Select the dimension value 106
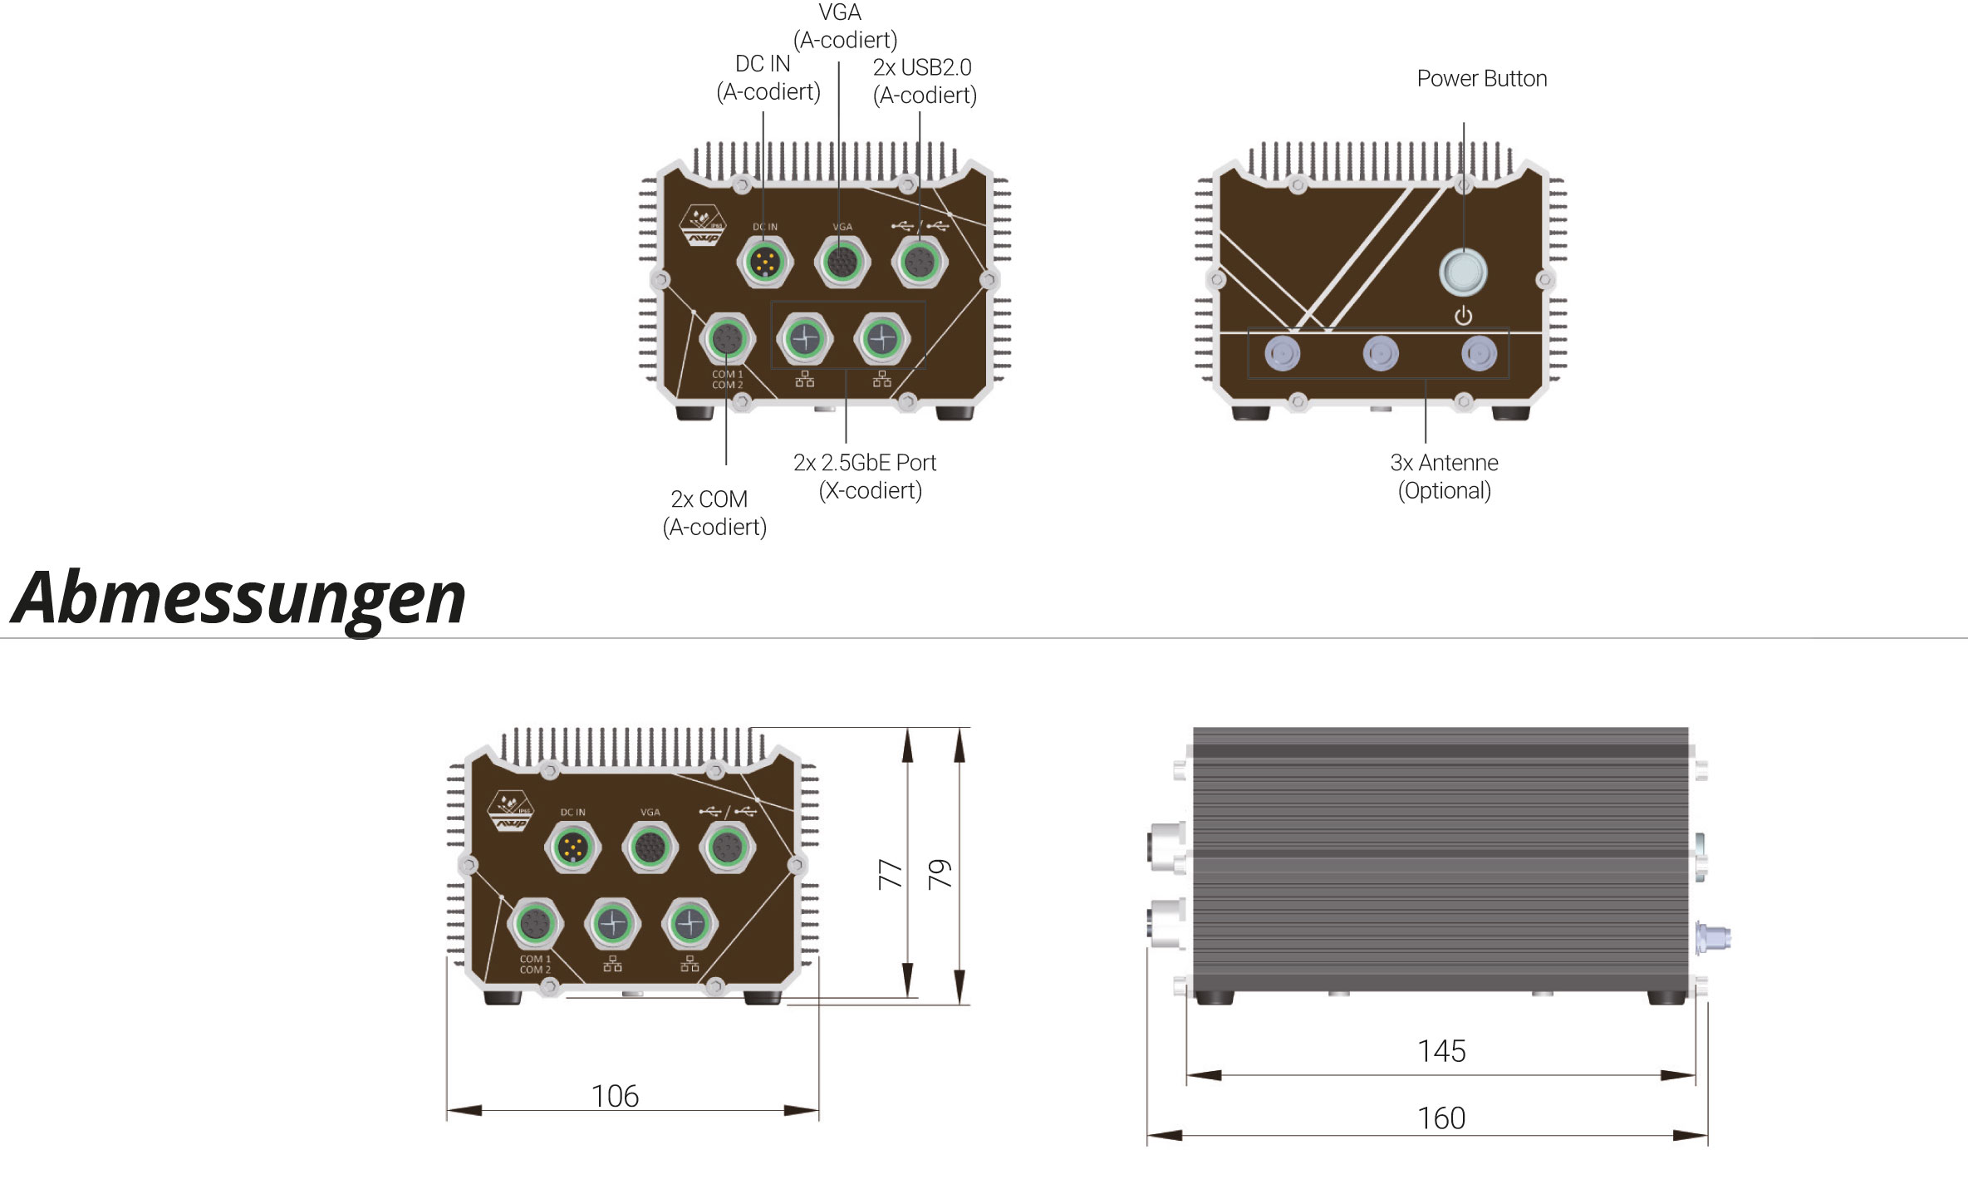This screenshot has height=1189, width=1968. tap(615, 1096)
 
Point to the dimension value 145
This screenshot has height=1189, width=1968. tap(1441, 1051)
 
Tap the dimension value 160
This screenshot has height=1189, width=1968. tap(1441, 1118)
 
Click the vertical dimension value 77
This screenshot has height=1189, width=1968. tap(890, 874)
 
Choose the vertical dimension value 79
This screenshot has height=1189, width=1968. tap(940, 874)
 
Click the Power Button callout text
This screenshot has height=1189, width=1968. tap(1481, 79)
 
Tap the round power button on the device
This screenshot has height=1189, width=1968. tap(1463, 272)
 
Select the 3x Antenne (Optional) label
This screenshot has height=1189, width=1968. tap(1444, 476)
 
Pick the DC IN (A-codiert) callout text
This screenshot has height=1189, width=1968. tap(768, 78)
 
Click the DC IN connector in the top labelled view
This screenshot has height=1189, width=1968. tap(764, 263)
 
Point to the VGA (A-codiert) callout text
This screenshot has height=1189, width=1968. tap(844, 27)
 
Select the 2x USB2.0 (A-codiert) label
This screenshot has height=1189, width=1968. tap(924, 81)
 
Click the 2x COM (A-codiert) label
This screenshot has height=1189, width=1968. tap(714, 513)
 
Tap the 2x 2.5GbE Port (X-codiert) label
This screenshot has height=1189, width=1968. tap(866, 476)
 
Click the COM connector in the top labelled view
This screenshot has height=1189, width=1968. tap(728, 339)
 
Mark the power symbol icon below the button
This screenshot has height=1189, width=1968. tap(1463, 316)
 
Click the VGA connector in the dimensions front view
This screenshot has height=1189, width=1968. tap(650, 848)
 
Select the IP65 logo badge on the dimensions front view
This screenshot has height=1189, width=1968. tap(511, 811)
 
